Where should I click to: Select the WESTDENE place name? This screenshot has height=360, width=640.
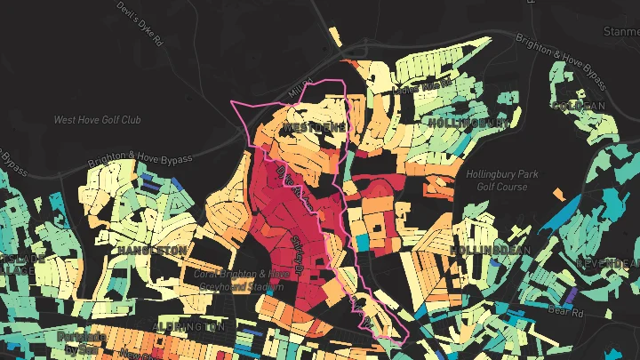click(x=314, y=129)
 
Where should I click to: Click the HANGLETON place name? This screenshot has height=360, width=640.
click(x=148, y=251)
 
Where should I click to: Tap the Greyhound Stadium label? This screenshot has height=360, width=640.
click(x=242, y=280)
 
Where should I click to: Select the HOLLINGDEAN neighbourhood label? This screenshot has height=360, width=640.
click(x=489, y=251)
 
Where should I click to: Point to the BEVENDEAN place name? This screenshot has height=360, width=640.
click(x=608, y=264)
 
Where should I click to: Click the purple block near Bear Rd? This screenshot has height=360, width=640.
click(x=569, y=294)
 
